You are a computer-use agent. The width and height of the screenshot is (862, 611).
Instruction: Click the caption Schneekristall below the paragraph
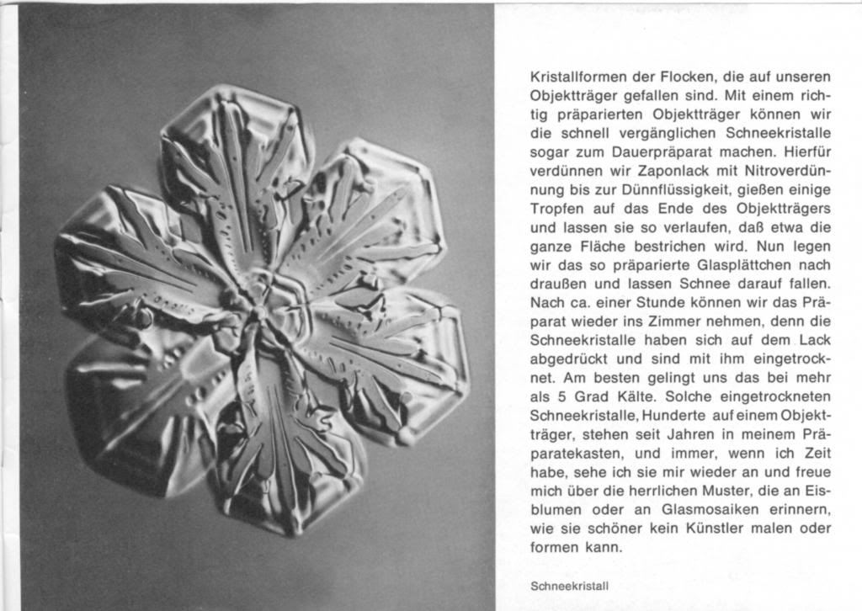[x=570, y=584]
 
